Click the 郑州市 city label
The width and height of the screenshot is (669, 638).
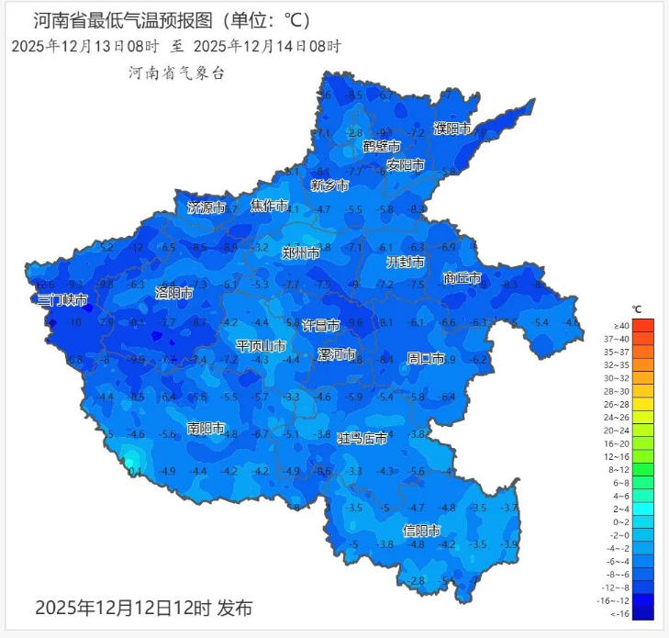pos(302,252)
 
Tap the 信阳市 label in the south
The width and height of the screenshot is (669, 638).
pos(422,532)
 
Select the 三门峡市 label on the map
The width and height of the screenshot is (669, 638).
pos(62,300)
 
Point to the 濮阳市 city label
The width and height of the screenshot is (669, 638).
pos(452,129)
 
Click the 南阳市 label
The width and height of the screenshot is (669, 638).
pos(206,429)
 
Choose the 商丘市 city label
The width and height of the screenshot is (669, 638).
pos(462,277)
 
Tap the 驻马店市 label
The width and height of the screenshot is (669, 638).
pos(362,439)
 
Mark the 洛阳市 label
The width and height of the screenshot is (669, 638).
pos(173,293)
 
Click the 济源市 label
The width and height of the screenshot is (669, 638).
pos(206,207)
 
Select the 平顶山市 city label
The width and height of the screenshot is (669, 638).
pos(261,346)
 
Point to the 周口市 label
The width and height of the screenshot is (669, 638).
pos(426,358)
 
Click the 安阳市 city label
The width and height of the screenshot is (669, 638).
pos(405,165)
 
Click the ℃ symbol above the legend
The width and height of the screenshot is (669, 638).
pos(636,308)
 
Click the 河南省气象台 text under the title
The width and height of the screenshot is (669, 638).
pos(176,73)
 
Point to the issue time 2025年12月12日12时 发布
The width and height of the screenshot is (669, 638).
pos(143,608)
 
